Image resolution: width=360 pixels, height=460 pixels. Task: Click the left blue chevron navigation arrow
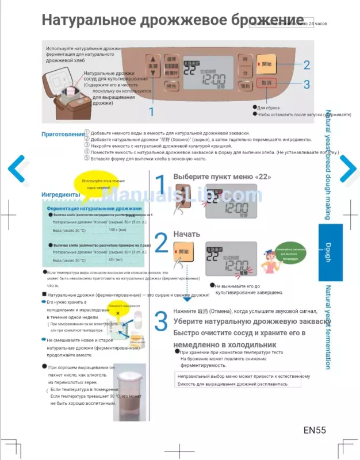[x=18, y=168]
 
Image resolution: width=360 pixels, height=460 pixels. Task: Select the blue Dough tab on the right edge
[x=330, y=252]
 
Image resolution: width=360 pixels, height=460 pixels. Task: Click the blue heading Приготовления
[x=62, y=135]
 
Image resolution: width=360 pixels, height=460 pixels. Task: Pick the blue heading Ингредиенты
[x=60, y=194]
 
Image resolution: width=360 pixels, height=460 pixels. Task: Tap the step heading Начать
[x=187, y=234]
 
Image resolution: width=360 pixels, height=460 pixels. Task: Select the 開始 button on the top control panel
[x=267, y=64]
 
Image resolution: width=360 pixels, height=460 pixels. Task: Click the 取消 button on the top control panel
[x=267, y=83]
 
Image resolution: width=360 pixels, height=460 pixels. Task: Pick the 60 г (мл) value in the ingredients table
[x=116, y=259]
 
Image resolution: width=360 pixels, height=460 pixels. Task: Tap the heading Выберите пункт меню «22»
[x=222, y=177]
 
